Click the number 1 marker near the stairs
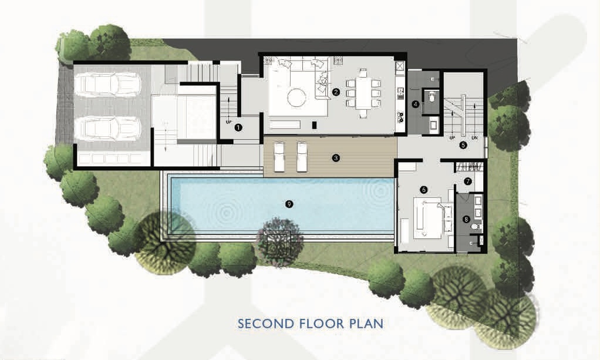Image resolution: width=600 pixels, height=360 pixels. coord(238,126)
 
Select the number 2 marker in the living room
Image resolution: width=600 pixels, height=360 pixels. coord(336,92)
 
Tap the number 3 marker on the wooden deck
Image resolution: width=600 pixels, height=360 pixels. coord(336,157)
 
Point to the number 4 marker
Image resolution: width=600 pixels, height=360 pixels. coord(416,105)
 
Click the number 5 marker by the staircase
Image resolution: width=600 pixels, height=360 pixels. coord(463,144)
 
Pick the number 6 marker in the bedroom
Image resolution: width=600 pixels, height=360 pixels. coord(424,189)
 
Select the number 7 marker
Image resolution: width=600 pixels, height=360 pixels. coord(468,181)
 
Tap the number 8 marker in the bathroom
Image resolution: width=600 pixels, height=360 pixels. coord(467,220)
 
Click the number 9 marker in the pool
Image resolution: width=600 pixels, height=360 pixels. coord(288,204)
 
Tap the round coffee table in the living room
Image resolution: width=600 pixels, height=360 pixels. coord(295,97)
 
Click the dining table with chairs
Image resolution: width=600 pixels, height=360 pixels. coord(363,92)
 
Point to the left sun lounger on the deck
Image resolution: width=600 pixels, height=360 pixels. coord(279,156)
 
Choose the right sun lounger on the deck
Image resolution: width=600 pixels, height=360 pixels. coord(302,156)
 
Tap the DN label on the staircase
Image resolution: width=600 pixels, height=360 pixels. coord(474,138)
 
